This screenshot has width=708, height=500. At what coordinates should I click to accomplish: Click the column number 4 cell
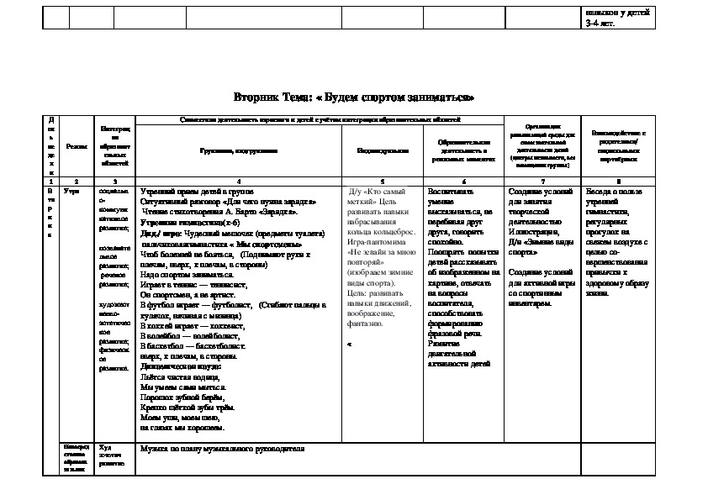pyautogui.click(x=238, y=181)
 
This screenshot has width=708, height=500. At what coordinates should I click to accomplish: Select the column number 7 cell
pyautogui.click(x=543, y=181)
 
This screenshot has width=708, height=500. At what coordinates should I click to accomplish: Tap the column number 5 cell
pyautogui.click(x=382, y=181)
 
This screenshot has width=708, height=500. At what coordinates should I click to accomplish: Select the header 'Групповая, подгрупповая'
pyautogui.click(x=238, y=150)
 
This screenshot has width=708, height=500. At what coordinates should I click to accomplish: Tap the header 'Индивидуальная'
pyautogui.click(x=382, y=150)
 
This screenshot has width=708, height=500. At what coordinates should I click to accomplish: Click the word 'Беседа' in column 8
pyautogui.click(x=600, y=192)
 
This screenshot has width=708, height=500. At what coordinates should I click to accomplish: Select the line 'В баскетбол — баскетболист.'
pyautogui.click(x=193, y=345)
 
